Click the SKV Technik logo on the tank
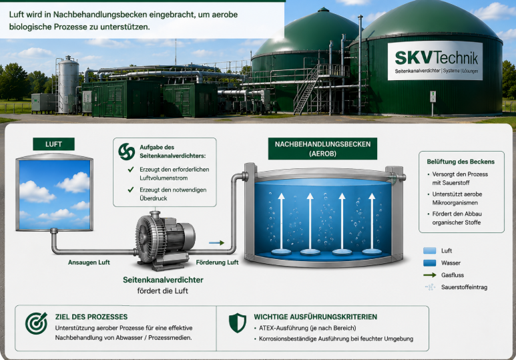(435, 61)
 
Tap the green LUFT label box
(53, 144)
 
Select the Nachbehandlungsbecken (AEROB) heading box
(322, 148)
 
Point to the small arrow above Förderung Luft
(216, 242)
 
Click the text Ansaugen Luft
(89, 262)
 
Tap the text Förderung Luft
(217, 262)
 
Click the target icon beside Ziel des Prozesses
(36, 323)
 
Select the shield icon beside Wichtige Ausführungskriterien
(237, 323)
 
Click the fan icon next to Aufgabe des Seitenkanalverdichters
(127, 152)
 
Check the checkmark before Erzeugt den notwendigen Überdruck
(131, 190)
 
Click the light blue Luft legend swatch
(429, 250)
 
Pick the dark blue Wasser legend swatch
(429, 263)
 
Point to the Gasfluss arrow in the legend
(429, 275)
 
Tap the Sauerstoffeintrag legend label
(464, 287)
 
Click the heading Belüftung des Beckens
(461, 162)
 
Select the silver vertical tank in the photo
(69, 85)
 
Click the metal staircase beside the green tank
(306, 89)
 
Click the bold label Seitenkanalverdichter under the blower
(163, 280)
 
